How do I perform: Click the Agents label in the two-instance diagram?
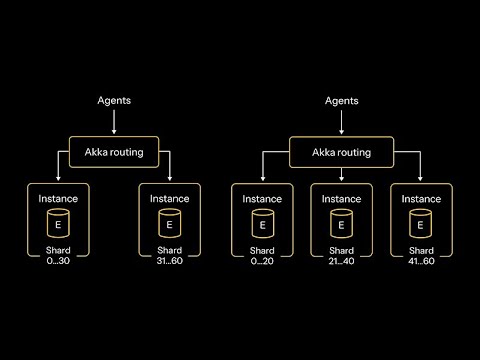click(x=114, y=101)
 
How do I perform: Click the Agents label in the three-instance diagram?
click(x=342, y=101)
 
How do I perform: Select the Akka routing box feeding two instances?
click(x=114, y=152)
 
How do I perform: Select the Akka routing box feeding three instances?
click(x=341, y=152)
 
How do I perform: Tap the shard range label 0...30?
click(x=58, y=261)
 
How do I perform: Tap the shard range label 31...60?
click(x=170, y=261)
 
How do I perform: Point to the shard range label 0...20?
click(x=262, y=261)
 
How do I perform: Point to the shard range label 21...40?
click(x=341, y=261)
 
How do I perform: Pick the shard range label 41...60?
click(x=421, y=261)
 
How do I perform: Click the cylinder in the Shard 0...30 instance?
click(x=58, y=223)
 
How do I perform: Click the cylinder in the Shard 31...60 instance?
click(x=170, y=223)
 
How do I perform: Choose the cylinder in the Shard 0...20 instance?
click(x=263, y=224)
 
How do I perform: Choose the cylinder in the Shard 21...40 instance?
click(x=341, y=224)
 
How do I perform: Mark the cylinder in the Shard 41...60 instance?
click(x=421, y=224)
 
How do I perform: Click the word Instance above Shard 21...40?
click(x=341, y=199)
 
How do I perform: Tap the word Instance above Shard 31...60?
click(x=170, y=199)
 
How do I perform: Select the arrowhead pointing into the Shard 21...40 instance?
click(x=341, y=179)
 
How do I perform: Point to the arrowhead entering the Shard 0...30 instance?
click(x=58, y=179)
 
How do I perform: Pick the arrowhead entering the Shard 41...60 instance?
click(x=420, y=179)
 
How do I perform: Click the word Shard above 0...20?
click(x=262, y=251)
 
